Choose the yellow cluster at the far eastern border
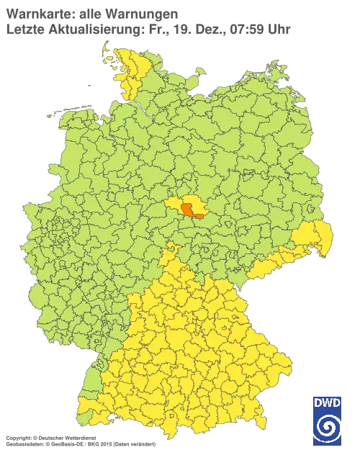point(318,238)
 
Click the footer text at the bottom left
point(79,437)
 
